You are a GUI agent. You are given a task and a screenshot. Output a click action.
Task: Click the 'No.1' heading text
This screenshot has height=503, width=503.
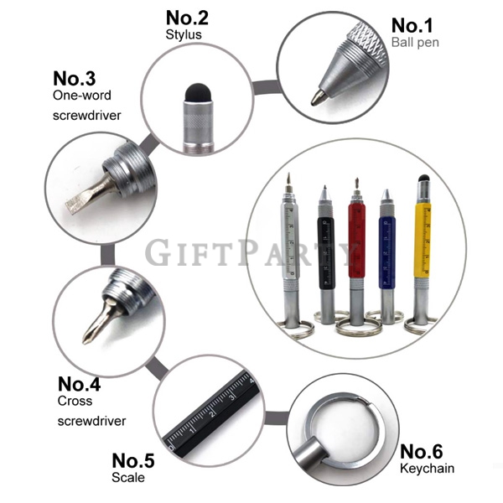click(412, 25)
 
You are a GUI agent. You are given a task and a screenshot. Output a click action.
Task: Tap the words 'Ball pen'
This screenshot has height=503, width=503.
click(415, 43)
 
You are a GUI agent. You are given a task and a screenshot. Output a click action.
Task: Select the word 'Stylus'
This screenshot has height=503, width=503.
click(184, 34)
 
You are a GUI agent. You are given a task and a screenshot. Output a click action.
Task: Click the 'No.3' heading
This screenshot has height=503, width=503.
click(74, 79)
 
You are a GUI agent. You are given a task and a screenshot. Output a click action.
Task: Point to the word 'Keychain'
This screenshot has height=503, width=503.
click(427, 469)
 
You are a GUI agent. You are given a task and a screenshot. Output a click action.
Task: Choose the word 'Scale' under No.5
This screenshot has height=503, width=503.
click(128, 477)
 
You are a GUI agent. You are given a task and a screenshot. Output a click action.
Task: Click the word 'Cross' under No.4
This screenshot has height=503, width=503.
click(75, 401)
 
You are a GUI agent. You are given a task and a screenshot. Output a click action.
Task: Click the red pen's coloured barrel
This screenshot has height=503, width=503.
click(356, 241)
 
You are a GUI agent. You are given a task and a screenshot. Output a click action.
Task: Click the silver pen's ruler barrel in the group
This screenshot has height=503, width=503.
click(290, 241)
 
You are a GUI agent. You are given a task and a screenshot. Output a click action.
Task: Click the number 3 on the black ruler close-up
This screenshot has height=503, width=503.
click(231, 398)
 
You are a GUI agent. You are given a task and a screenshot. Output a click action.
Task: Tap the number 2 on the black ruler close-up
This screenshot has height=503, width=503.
click(211, 414)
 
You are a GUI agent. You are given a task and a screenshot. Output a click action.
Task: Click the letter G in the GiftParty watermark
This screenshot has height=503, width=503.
click(158, 251)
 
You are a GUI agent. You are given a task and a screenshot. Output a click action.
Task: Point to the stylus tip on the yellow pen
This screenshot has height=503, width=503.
click(423, 178)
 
